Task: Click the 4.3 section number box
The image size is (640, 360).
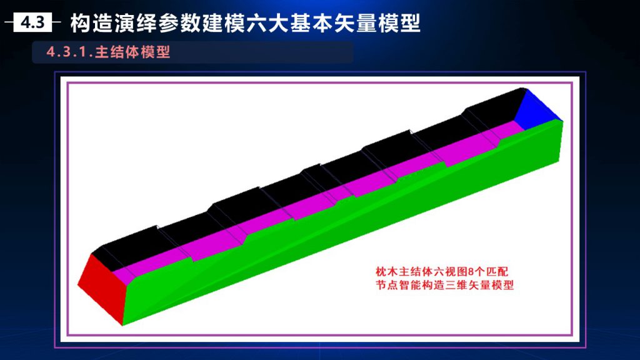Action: coord(32,22)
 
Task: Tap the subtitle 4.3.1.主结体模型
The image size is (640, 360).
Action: coord(108,52)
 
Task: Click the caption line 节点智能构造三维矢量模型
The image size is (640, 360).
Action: coord(444,285)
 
